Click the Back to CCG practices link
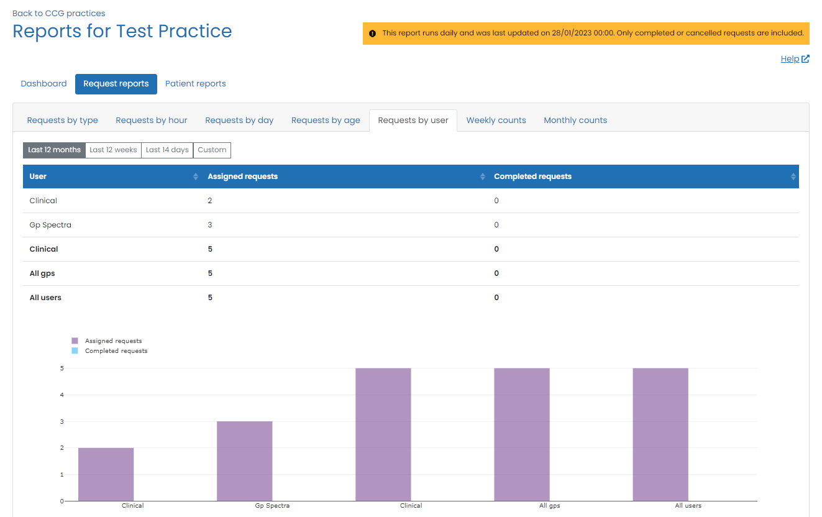pos(58,13)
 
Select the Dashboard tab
pos(43,84)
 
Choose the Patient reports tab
pos(195,84)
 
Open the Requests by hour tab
pos(152,121)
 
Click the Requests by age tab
pos(326,121)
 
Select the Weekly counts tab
pos(496,121)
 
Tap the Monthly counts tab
pos(575,121)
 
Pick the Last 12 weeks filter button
pos(113,150)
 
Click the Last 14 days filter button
pos(167,150)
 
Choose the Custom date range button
pos(212,150)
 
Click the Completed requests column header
pos(532,176)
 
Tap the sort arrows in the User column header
pos(196,177)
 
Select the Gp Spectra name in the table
pos(50,225)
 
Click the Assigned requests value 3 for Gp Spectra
pos(210,225)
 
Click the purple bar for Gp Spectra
pos(244,461)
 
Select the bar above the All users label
pos(660,434)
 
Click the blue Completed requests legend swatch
pos(75,351)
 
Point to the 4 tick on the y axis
pos(62,395)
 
